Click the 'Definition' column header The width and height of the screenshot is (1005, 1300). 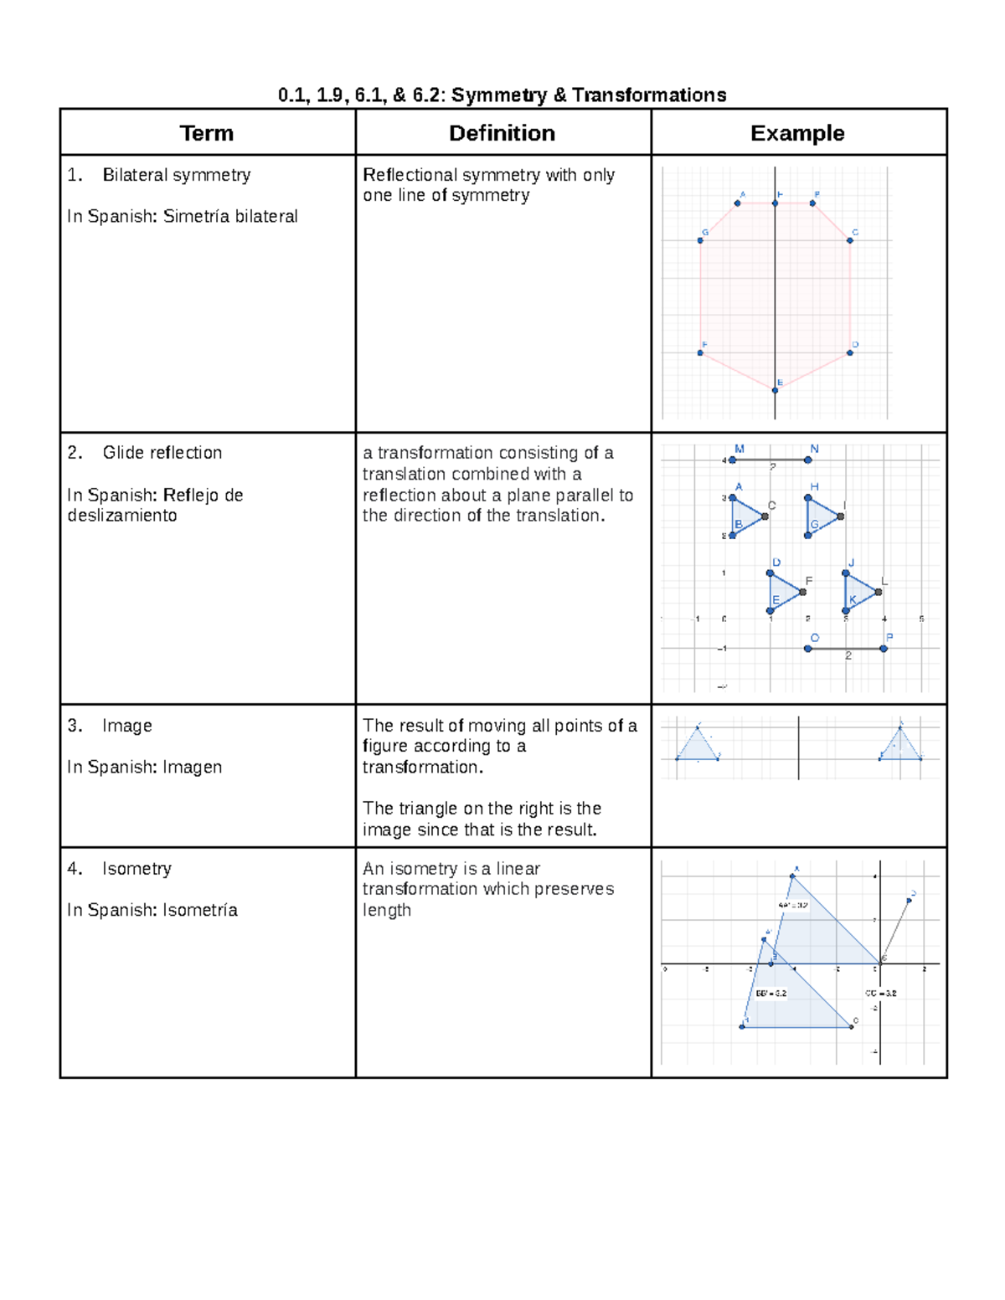[502, 133]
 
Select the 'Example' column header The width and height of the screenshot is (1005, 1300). [797, 133]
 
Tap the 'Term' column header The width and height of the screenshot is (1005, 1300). [206, 133]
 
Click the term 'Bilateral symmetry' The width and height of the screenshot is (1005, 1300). [176, 175]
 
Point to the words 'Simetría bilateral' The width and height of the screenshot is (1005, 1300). [230, 216]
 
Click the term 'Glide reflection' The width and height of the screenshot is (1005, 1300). [162, 453]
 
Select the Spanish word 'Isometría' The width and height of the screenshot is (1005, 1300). [199, 910]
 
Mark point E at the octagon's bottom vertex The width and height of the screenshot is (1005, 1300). [776, 390]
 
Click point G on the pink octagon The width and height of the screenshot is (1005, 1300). [700, 241]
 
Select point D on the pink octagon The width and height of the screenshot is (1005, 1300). [850, 352]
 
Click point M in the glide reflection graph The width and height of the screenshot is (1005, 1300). [732, 460]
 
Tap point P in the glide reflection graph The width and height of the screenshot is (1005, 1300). [884, 648]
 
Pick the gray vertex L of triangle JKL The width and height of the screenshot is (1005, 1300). [879, 592]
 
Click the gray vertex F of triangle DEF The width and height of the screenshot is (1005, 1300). [803, 592]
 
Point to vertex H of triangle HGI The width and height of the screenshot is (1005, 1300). [808, 498]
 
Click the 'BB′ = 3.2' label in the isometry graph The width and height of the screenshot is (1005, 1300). [771, 994]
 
